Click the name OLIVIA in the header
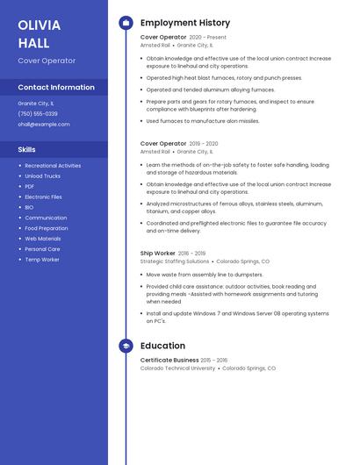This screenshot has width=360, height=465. point(39,25)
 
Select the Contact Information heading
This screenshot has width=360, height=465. point(56,87)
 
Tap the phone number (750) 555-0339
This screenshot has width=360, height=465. point(38,114)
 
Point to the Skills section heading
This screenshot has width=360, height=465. point(26,149)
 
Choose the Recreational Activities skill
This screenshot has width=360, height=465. point(53,166)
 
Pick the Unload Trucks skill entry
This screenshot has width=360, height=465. point(42,176)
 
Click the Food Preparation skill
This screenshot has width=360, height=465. point(47,228)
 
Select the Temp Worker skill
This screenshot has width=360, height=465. point(42,260)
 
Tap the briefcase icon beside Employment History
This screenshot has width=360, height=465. point(126,23)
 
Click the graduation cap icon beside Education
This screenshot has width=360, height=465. point(126,346)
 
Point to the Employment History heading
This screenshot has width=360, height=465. point(185,23)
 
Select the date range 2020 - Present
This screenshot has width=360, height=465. point(208,38)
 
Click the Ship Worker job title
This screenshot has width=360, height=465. point(158,254)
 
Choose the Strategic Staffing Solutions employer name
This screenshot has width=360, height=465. point(175,261)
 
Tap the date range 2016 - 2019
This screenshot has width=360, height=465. point(192,254)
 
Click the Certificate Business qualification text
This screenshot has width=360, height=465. point(169,360)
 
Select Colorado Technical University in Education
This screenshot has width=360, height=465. point(177,368)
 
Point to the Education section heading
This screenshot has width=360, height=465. point(162,346)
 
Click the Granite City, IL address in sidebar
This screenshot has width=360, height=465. point(36,104)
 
